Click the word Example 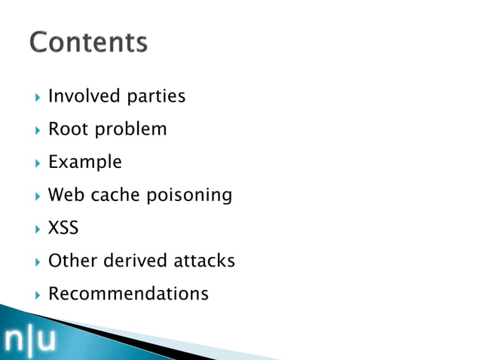pos(84,163)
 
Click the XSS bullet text pos(63,228)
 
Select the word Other pos(72,261)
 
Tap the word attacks pos(204,261)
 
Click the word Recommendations pos(128,294)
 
